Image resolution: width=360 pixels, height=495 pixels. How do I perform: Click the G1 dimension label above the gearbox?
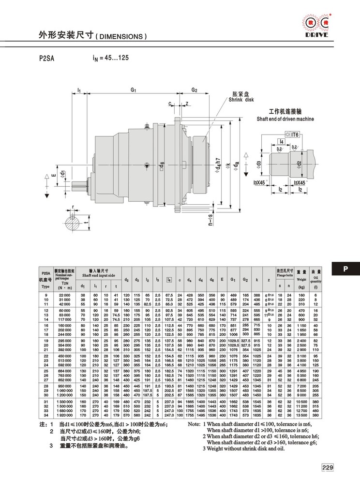coord(133,90)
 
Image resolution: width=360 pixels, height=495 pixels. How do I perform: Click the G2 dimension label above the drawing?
coord(194,90)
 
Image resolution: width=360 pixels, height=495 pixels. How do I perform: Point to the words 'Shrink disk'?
coord(242,100)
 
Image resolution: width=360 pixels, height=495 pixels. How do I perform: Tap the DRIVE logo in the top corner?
coord(315,25)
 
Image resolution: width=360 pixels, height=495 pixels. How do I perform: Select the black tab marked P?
coord(345,269)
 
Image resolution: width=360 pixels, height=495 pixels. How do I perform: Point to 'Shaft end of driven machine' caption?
coord(285,119)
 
